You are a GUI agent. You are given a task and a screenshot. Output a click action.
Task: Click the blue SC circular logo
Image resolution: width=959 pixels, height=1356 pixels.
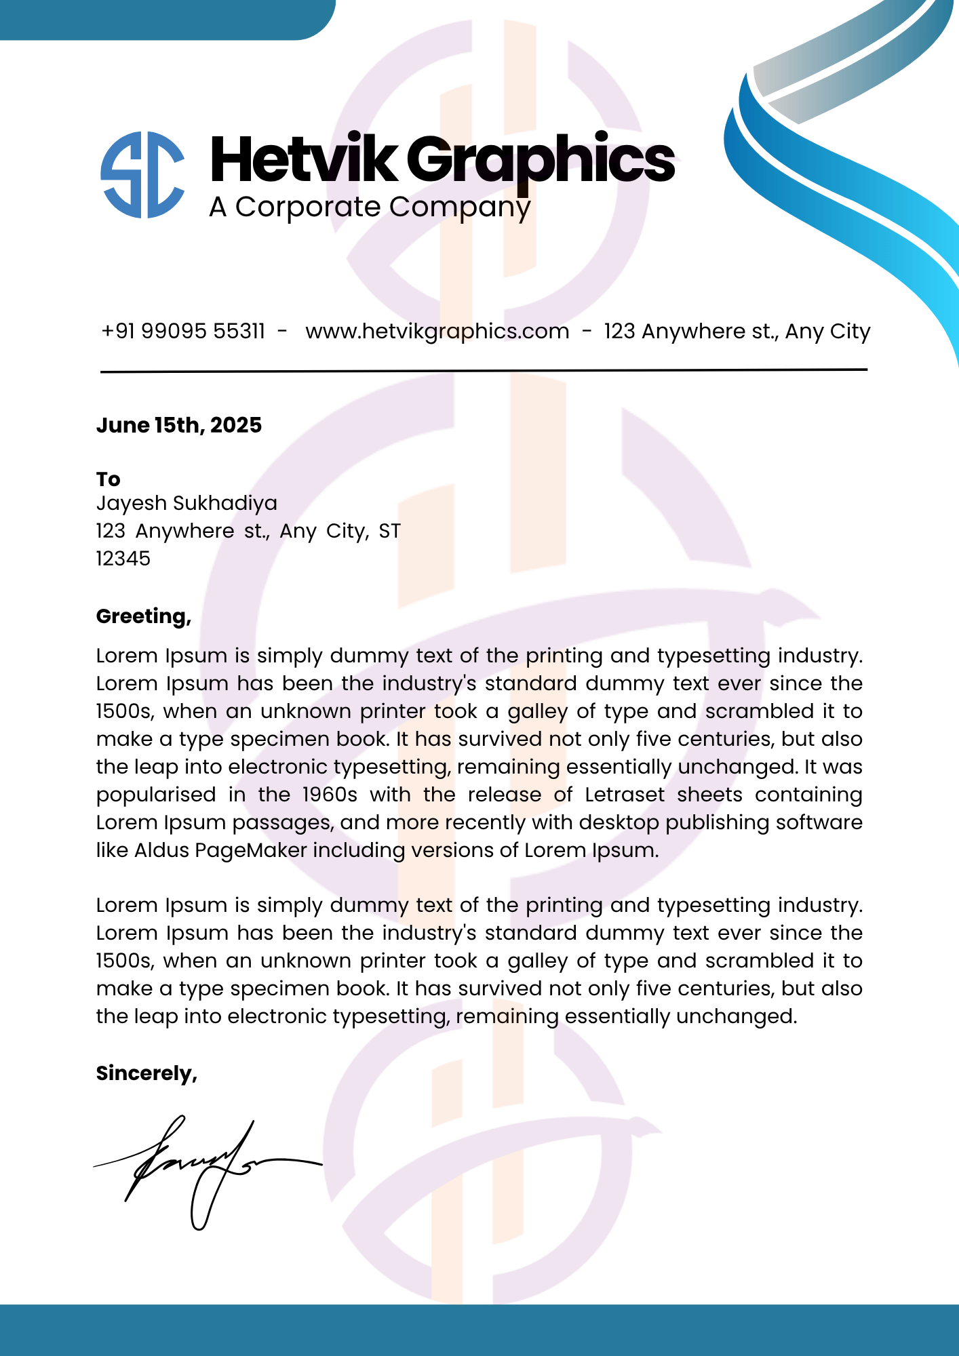pyautogui.click(x=142, y=174)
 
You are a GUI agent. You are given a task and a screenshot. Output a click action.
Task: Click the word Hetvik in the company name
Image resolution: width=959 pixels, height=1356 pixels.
pyautogui.click(x=303, y=159)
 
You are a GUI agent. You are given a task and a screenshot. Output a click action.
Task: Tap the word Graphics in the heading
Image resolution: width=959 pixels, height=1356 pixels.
pyautogui.click(x=541, y=161)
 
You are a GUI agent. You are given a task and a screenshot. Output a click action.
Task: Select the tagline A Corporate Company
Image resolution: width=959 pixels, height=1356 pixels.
pyautogui.click(x=370, y=207)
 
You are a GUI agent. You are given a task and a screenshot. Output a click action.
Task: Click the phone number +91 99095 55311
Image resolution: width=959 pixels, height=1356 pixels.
pyautogui.click(x=183, y=332)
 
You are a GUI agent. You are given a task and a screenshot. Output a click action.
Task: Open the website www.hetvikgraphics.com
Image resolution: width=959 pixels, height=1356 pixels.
pyautogui.click(x=437, y=332)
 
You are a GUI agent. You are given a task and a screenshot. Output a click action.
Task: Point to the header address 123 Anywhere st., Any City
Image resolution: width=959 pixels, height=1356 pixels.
pyautogui.click(x=737, y=332)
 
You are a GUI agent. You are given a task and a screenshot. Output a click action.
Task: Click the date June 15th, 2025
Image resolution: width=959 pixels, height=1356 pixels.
pyautogui.click(x=179, y=425)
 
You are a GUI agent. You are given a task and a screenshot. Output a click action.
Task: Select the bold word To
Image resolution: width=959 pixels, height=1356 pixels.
pyautogui.click(x=108, y=479)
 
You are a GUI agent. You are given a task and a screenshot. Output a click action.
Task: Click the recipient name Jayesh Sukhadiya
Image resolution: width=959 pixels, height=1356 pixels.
pyautogui.click(x=187, y=503)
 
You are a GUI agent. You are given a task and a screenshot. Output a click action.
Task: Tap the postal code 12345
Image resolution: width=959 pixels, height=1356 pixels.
pyautogui.click(x=123, y=559)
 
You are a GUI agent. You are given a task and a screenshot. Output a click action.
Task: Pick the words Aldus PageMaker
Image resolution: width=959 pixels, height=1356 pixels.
pyautogui.click(x=220, y=850)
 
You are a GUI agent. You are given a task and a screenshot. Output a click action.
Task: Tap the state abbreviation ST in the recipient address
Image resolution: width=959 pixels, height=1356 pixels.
pyautogui.click(x=389, y=531)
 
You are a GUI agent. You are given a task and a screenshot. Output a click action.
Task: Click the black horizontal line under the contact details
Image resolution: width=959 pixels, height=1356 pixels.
pyautogui.click(x=484, y=370)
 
